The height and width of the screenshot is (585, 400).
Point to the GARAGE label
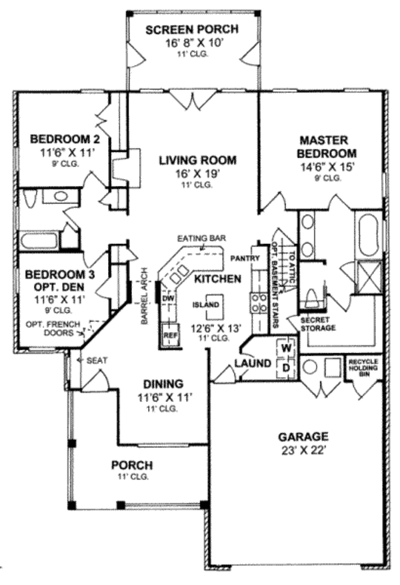tap(303, 436)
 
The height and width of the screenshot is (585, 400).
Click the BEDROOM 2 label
tap(65, 139)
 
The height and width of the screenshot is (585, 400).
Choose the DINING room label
tap(163, 384)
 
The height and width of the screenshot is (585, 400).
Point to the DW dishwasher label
tap(167, 299)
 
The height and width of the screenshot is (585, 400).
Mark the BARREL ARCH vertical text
tap(143, 300)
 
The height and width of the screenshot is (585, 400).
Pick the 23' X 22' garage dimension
tap(303, 450)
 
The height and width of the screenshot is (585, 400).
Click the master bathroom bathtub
tap(369, 235)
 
